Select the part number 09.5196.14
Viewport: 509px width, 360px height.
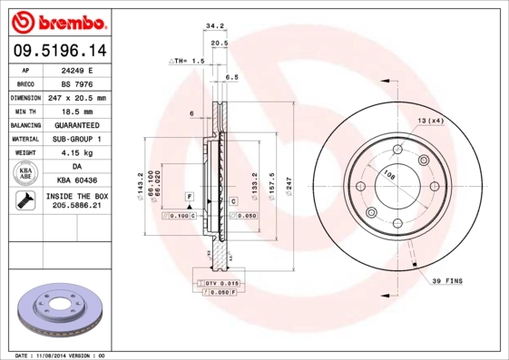pos(58,51)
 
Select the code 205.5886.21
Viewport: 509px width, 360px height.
pos(76,207)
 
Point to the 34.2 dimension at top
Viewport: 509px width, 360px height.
pos(216,26)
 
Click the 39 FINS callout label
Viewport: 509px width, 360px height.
pos(446,281)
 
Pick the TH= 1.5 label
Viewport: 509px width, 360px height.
pos(189,60)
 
